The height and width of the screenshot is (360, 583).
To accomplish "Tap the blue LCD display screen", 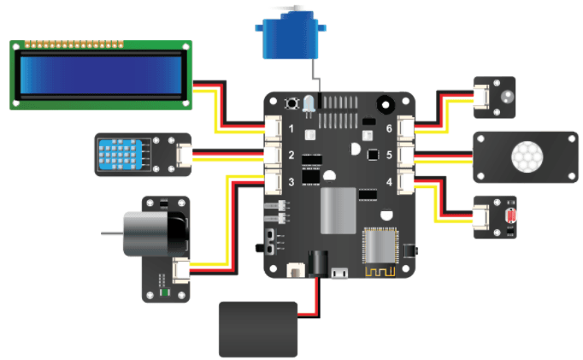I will (x=102, y=74).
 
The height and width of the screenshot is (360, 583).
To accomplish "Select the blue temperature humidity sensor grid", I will (x=118, y=154).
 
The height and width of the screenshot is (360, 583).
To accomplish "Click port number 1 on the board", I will (x=291, y=129).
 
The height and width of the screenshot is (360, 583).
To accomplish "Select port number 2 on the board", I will (x=291, y=156).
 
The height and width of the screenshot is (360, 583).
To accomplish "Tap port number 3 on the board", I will (x=291, y=182).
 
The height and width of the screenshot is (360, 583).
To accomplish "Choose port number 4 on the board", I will (x=389, y=182).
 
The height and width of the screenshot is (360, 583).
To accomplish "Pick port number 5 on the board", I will (x=389, y=156).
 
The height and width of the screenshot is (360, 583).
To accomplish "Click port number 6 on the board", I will (x=389, y=129).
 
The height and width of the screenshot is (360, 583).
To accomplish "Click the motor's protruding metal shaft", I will (x=109, y=233).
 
